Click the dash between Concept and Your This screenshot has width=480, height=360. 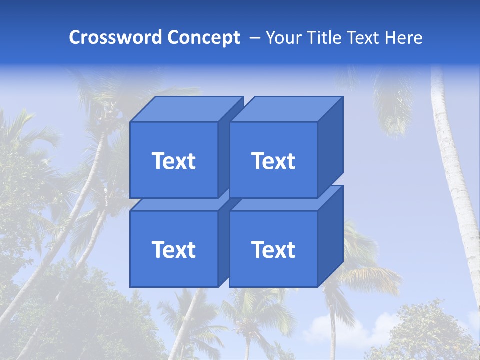[254, 38]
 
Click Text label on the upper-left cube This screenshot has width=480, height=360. [173, 161]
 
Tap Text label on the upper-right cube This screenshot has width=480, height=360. [273, 161]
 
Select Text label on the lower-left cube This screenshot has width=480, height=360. [173, 249]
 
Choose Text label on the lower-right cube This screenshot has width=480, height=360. [273, 249]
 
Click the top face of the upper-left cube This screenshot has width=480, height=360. [185, 109]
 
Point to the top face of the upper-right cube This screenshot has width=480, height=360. [285, 109]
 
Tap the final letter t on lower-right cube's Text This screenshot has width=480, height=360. [290, 250]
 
